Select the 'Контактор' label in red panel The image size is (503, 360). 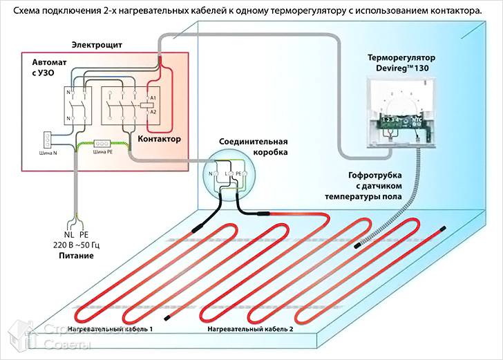tap(160, 139)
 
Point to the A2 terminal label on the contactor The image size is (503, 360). tap(153, 111)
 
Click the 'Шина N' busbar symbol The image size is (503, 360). tap(48, 138)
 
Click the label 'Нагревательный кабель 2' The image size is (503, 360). tap(251, 330)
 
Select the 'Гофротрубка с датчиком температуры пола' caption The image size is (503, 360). tap(369, 186)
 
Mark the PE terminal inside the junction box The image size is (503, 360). tap(238, 168)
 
